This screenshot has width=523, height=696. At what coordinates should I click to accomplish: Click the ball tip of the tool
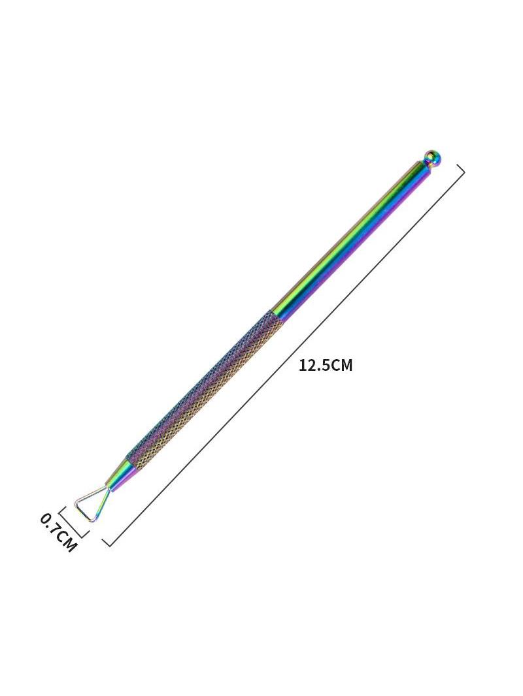point(432,158)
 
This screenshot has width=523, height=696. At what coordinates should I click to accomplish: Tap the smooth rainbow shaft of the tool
point(351,239)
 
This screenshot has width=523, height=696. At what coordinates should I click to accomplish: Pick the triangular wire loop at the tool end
point(90,506)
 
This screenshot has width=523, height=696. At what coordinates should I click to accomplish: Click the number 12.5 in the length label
point(314,366)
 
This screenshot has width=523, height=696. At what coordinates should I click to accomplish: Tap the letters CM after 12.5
point(341,366)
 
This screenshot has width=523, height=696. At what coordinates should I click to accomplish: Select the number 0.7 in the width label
point(50,524)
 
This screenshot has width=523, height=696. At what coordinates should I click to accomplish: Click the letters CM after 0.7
point(66,540)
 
